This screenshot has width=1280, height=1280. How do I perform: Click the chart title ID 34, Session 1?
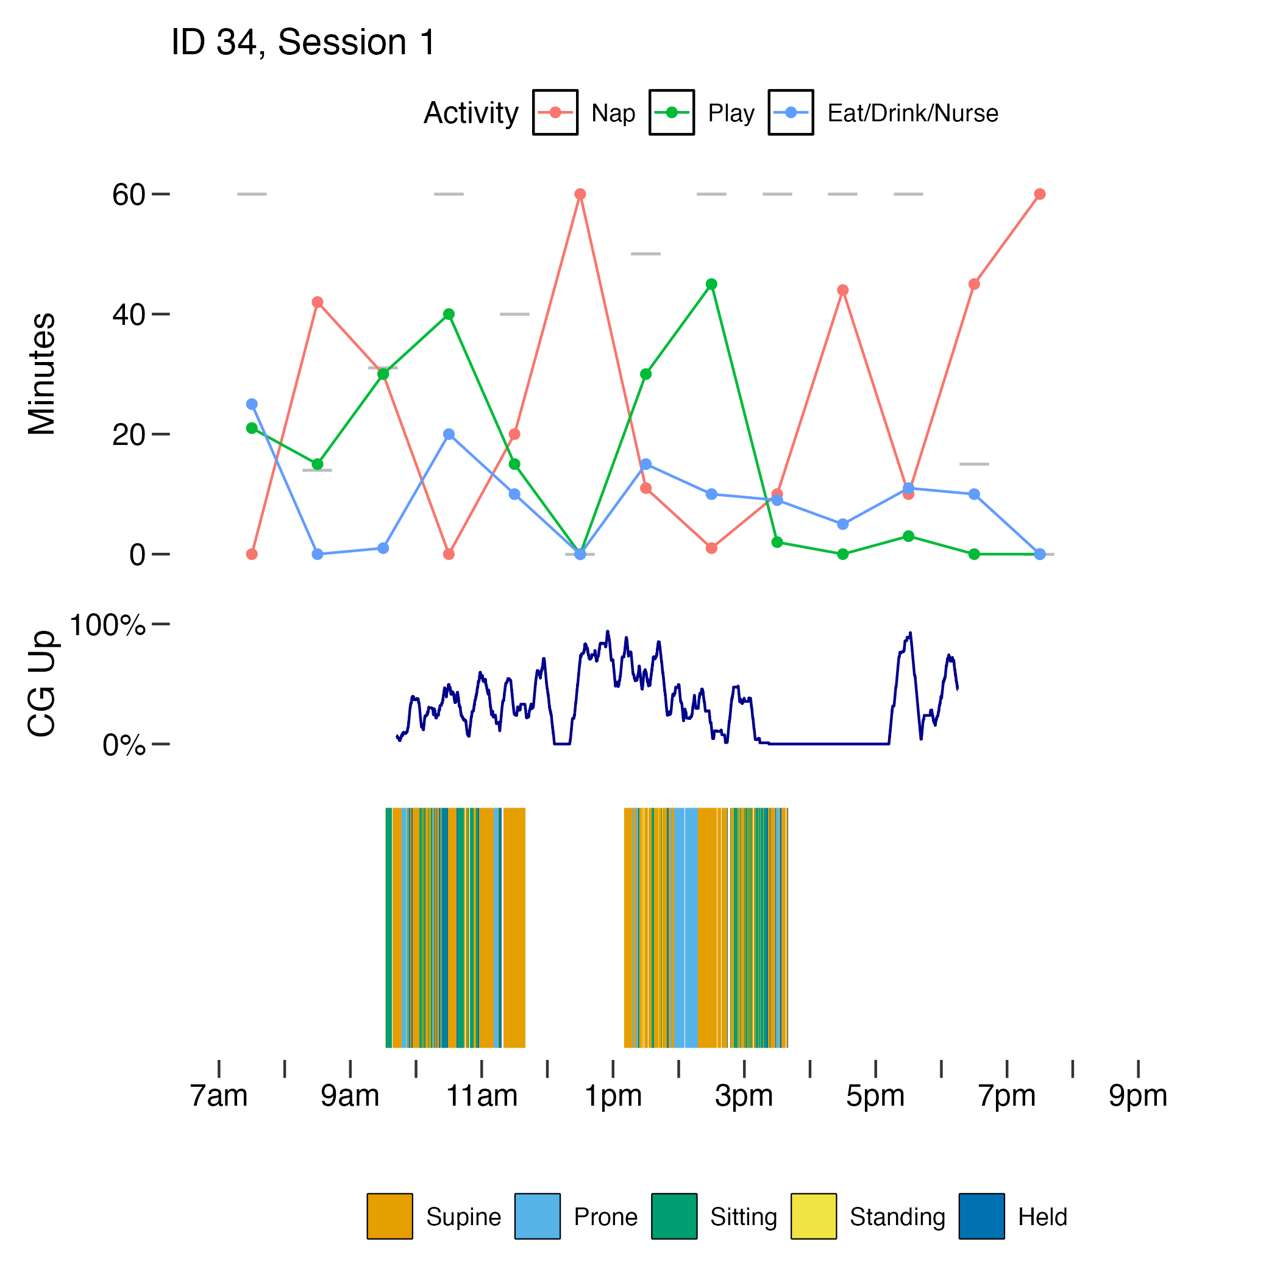303,43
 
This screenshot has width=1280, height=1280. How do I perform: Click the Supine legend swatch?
389,1216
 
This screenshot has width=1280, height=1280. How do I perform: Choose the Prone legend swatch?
538,1216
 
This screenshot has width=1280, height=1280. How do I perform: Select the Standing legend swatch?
813,1216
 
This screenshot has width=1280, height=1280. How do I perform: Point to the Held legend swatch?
981,1216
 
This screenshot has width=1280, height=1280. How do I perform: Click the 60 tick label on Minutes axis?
129,195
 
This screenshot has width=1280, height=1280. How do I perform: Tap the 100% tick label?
107,625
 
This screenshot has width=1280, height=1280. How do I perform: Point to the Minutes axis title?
41,374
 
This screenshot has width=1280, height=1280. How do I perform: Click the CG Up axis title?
41,684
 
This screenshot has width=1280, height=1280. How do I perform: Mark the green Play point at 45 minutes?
711,284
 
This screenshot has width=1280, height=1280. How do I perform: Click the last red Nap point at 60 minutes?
1039,194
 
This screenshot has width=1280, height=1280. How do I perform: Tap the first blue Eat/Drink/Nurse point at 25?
252,404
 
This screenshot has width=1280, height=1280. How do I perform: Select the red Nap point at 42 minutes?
318,302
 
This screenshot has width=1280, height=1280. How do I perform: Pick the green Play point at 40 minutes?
449,314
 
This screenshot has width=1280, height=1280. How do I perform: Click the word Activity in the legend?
471,113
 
